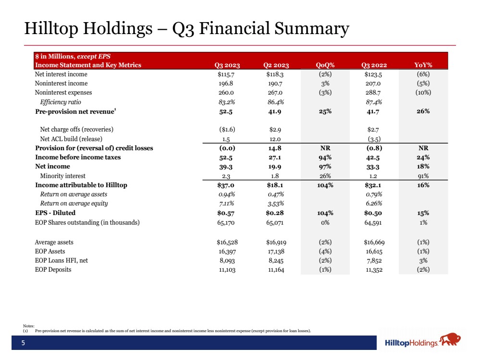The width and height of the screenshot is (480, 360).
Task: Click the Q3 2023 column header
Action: click(227, 65)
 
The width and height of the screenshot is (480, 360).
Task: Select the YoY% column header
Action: click(423, 65)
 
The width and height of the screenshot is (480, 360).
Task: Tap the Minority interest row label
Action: click(60, 176)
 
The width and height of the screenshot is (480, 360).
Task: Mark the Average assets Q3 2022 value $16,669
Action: click(374, 242)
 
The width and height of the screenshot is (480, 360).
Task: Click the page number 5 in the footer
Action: click(22, 343)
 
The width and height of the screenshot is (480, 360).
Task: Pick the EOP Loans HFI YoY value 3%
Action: click(423, 261)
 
